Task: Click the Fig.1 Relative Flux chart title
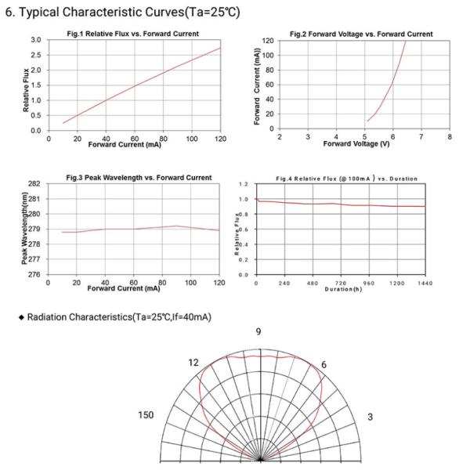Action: [132, 34]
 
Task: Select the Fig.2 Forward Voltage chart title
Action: [361, 34]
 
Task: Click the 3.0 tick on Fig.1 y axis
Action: [35, 40]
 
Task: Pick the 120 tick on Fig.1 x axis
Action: [220, 138]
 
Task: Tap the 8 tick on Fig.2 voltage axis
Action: [450, 136]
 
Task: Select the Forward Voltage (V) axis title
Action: [356, 145]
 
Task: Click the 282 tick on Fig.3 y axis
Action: [34, 183]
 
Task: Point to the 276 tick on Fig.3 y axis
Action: [34, 275]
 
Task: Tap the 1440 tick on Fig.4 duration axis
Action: [425, 283]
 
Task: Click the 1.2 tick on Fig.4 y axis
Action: [243, 184]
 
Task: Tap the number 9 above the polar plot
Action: [258, 332]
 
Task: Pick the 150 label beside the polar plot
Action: [146, 415]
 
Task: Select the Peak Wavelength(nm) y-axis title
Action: [26, 229]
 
